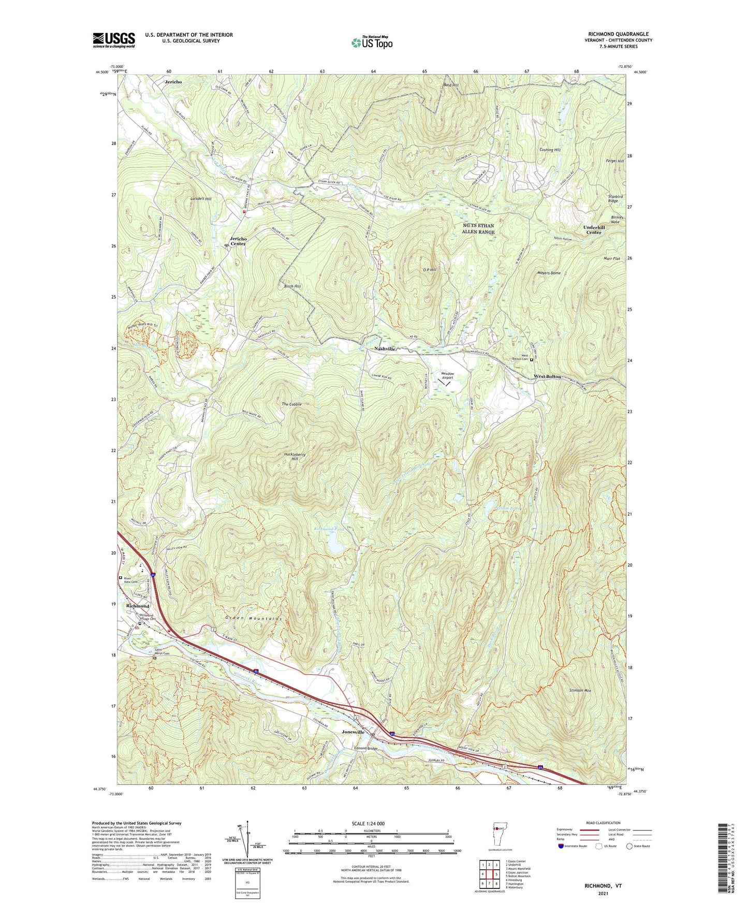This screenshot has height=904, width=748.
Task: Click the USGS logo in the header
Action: coord(114,39)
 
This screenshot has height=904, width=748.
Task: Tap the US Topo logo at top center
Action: coord(372,42)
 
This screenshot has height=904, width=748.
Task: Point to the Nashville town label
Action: coord(385,349)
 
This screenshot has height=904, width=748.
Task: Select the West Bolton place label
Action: coord(547,376)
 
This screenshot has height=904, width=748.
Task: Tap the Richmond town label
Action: coord(137,606)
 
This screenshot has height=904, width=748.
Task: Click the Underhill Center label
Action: coord(593,230)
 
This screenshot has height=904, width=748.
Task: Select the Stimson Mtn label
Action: coord(580,691)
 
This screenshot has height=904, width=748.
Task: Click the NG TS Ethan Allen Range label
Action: coord(478,228)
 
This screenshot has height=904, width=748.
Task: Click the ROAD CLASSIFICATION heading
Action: coord(604,823)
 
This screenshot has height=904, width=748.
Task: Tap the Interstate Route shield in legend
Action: coord(562,846)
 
